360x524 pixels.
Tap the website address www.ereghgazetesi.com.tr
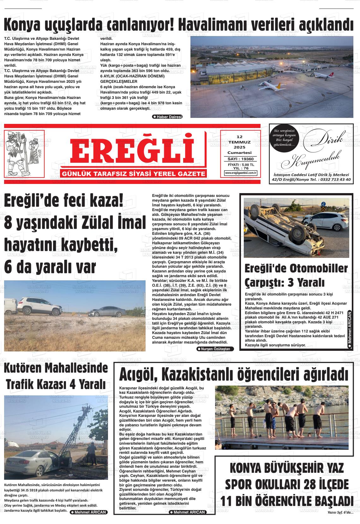[241, 173]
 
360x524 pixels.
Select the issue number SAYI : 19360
[241, 159]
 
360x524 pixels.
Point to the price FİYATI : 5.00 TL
[241, 165]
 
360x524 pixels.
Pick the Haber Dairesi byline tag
[167, 117]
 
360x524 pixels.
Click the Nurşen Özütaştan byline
[215, 349]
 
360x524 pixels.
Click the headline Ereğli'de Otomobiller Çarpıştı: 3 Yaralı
[296, 275]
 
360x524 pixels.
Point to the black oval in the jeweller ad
[283, 137]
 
